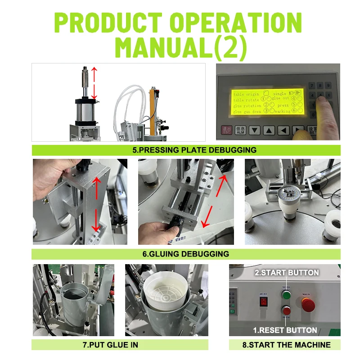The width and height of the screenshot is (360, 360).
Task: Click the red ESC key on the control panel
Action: (x=227, y=130)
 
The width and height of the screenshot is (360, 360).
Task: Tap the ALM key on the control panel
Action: (x=240, y=130)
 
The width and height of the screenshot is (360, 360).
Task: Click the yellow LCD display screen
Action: (x=267, y=100)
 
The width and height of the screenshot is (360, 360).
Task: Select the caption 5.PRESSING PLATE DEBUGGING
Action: (x=186, y=150)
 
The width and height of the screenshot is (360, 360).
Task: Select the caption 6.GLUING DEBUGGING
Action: (x=186, y=254)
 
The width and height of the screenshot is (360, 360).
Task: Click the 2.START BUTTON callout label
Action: (x=287, y=272)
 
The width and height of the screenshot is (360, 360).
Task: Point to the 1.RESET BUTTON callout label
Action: (x=285, y=330)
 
